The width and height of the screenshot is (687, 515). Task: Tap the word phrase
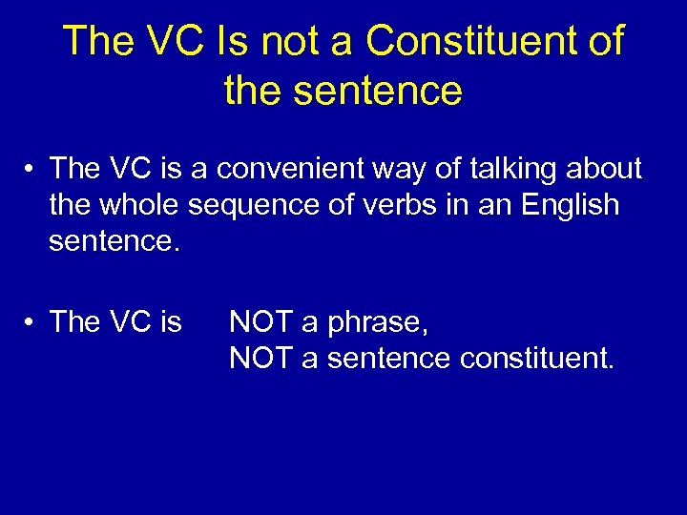coord(378,323)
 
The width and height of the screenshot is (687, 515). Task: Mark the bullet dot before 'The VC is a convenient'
coord(32,171)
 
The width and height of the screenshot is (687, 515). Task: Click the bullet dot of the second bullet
coord(32,324)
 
